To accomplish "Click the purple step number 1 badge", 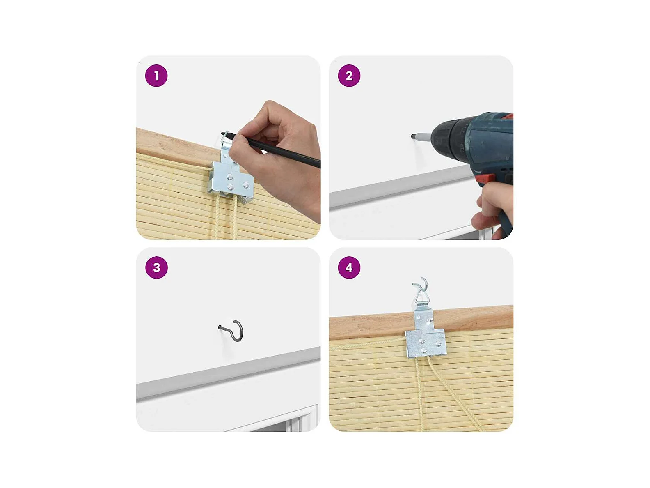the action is click(x=156, y=76).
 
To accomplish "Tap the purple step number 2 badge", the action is click(x=349, y=76).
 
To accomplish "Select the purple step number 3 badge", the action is click(x=156, y=267).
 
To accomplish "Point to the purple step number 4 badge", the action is click(x=349, y=267).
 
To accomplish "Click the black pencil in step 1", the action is click(x=271, y=149).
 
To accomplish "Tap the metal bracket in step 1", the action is click(x=231, y=175).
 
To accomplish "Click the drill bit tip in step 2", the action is click(x=412, y=136).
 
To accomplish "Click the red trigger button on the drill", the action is click(x=485, y=179).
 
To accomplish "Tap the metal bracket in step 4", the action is click(x=425, y=338).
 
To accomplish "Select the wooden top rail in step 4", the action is click(x=421, y=322).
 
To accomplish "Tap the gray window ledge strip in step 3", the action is click(x=228, y=373).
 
